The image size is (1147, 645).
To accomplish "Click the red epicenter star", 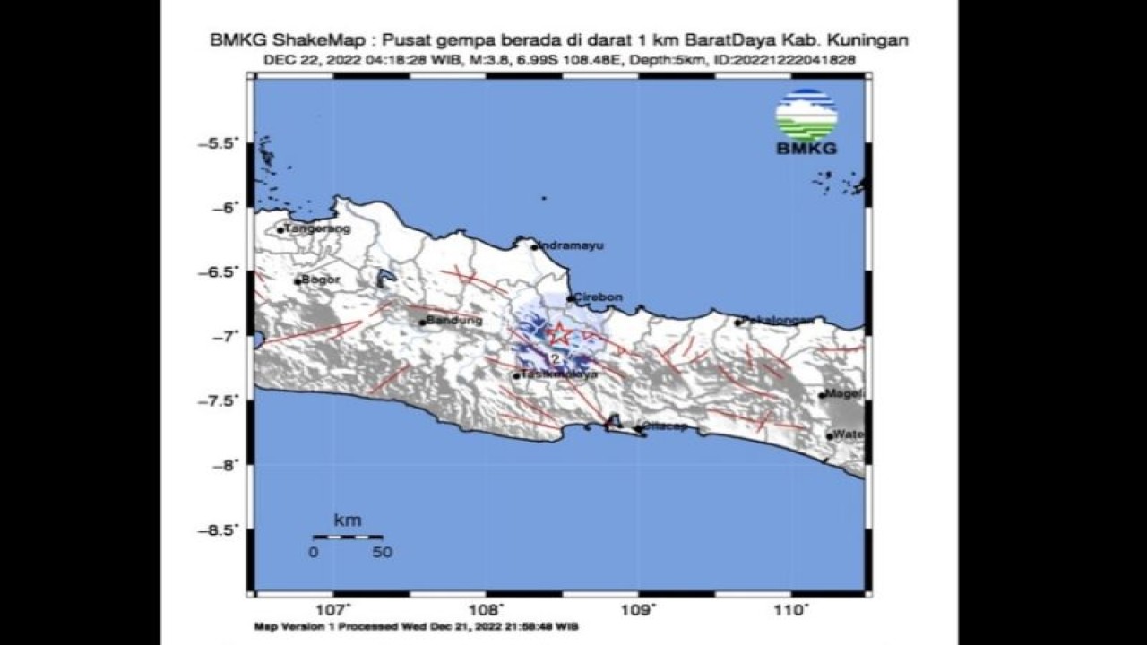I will [x=559, y=334].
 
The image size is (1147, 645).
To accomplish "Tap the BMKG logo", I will [x=806, y=122].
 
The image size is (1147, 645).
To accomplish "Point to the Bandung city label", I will [x=455, y=320].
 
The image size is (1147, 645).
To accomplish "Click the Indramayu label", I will [x=565, y=245].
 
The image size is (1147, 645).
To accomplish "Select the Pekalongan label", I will [x=778, y=320].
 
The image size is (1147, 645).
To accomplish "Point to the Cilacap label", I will [x=665, y=426].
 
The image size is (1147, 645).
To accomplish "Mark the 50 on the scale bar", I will [x=383, y=553].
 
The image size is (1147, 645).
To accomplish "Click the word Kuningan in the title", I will [x=872, y=40].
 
